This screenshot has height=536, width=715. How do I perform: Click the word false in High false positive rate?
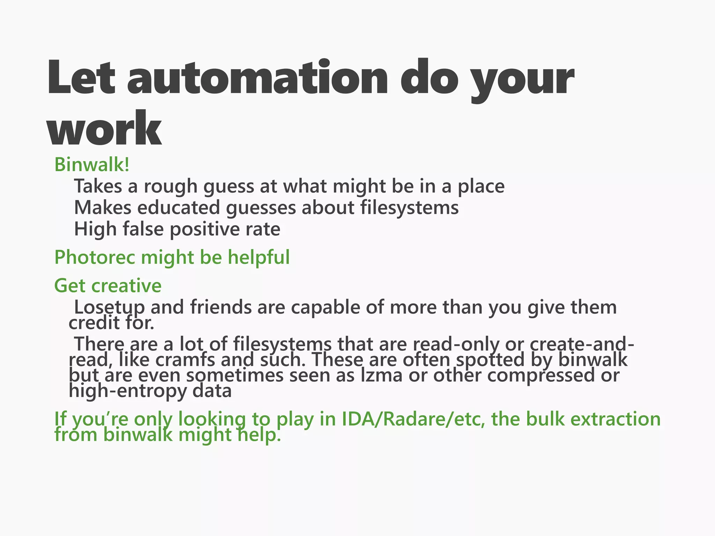point(143,229)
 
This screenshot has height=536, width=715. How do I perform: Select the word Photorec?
point(95,258)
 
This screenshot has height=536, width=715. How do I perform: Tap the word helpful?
point(259,258)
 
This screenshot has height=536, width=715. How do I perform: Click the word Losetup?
point(109,308)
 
